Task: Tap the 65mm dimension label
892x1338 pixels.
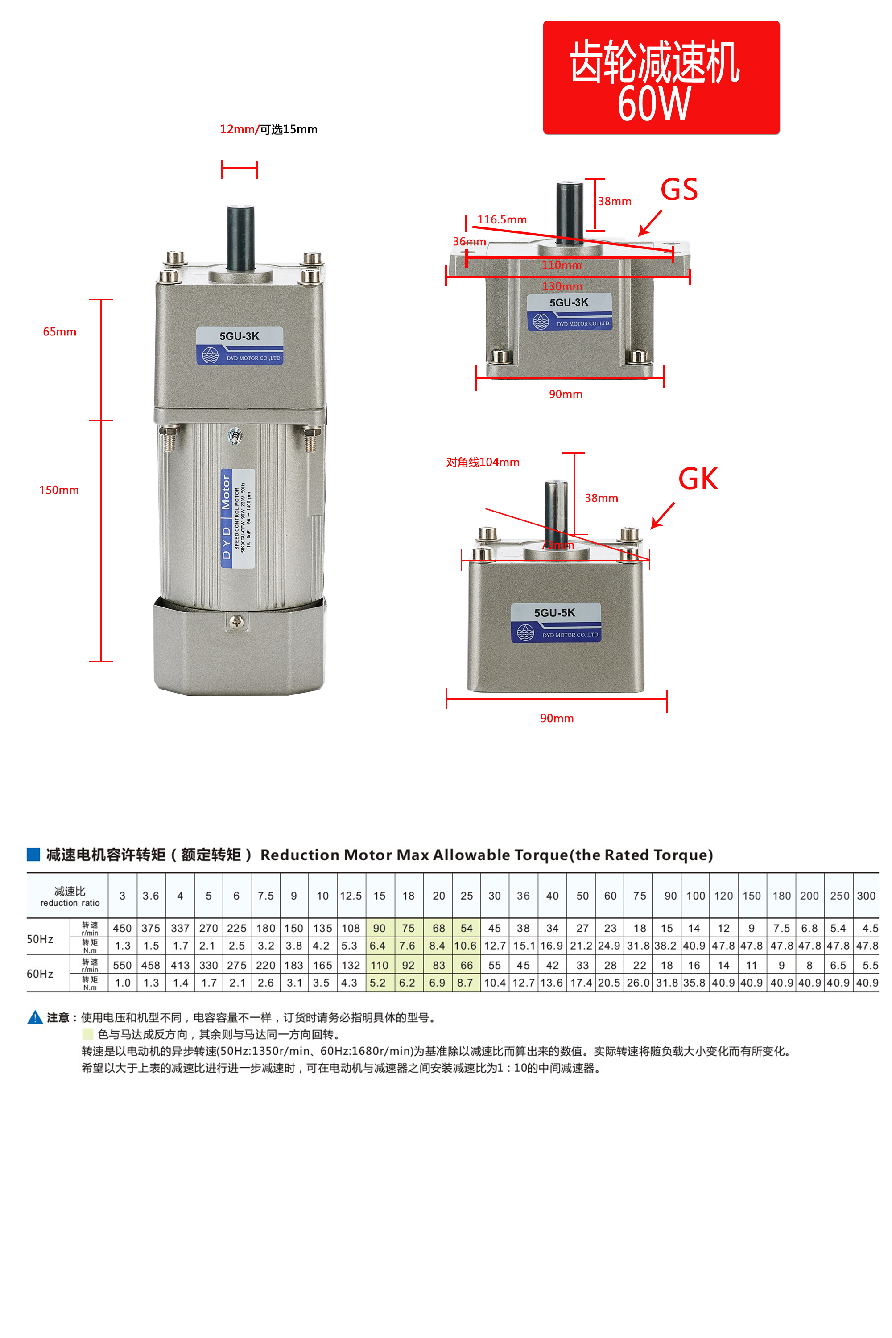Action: coord(60,332)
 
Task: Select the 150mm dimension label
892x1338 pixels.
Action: coord(59,490)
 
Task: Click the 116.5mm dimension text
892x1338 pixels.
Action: coord(502,219)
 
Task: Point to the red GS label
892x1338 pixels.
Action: coord(679,190)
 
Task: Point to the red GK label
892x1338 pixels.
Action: coord(698,479)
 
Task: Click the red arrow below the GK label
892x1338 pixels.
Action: coord(663,516)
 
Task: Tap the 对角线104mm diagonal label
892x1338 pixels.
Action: coord(483,462)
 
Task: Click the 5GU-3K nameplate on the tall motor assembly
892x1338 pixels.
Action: coord(240,345)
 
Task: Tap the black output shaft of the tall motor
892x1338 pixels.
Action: coord(240,238)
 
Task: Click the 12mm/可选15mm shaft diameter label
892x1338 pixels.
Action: coord(268,129)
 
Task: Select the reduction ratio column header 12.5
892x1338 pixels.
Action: coord(351,896)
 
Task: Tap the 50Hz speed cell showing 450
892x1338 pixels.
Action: coord(122,929)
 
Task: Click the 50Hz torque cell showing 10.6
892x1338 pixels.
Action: coord(465,946)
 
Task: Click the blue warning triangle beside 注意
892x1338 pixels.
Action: coord(35,1017)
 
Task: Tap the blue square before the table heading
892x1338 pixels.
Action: coord(33,855)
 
